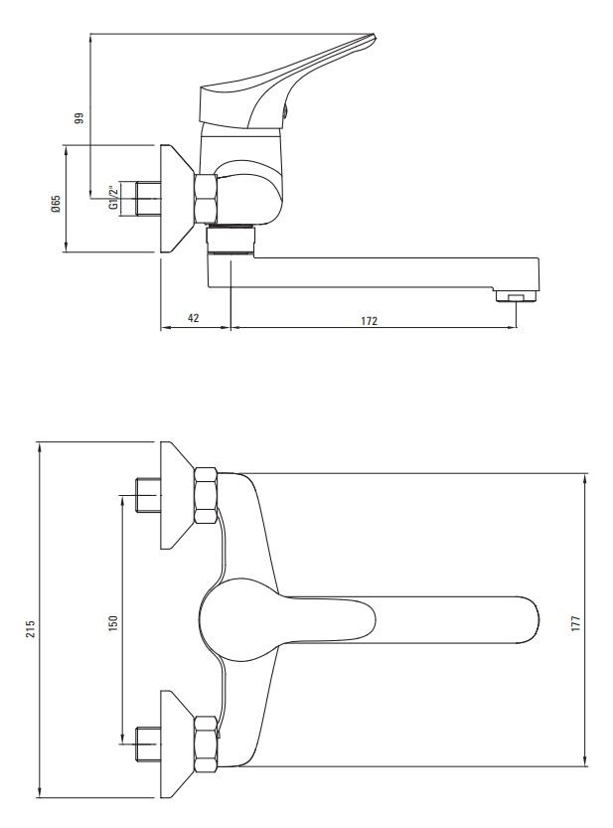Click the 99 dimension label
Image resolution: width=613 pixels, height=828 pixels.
tap(79, 117)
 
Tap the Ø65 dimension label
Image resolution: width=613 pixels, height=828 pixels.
tap(56, 204)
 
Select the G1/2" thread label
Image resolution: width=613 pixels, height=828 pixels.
tap(113, 198)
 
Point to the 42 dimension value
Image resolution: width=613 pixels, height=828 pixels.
tap(194, 318)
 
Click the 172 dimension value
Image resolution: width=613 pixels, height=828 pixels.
tap(369, 320)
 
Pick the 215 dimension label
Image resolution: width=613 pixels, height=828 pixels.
tap(31, 629)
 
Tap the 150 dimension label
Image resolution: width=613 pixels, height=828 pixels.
tap(113, 623)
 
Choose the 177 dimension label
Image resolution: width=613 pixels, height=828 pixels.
tap(575, 623)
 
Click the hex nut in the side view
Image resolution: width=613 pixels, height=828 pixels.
tap(206, 199)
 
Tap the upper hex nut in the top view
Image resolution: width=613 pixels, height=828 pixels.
tap(206, 495)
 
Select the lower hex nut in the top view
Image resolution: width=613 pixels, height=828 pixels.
tap(206, 745)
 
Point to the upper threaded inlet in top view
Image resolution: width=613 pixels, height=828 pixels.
tap(148, 495)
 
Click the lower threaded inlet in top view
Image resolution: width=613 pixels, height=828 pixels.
tap(148, 745)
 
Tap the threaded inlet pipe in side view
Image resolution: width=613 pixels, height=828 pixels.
tap(148, 199)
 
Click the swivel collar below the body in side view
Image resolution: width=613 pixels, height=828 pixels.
tap(230, 240)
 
